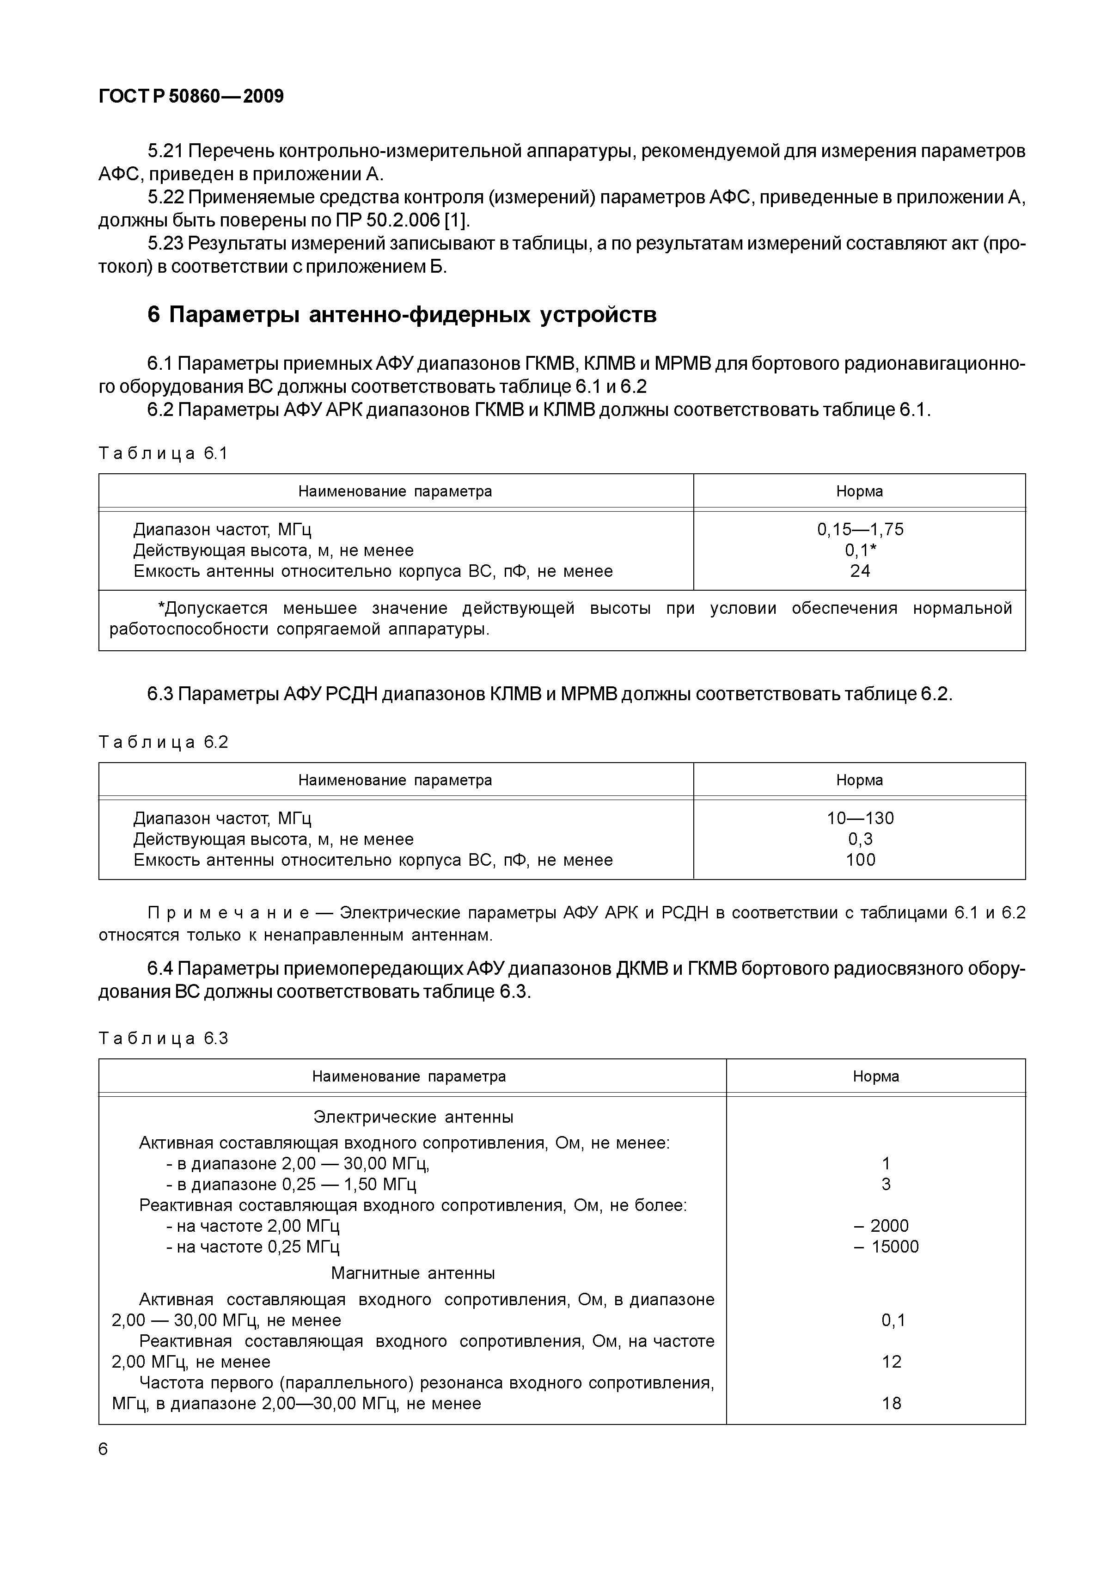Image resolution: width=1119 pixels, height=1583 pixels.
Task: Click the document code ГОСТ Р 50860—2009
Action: tap(191, 97)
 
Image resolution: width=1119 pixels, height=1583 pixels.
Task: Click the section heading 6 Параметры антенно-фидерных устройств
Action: tap(402, 315)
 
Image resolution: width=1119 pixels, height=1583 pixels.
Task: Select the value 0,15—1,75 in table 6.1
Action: tap(860, 530)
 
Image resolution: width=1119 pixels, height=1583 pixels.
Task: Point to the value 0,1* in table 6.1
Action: tap(860, 550)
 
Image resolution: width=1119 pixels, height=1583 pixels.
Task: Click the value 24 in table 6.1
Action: tap(860, 571)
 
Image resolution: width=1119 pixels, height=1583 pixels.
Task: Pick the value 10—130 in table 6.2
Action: tap(860, 819)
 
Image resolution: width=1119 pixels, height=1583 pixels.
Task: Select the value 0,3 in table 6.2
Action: tap(860, 839)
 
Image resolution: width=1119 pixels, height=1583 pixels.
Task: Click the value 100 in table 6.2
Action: tap(860, 860)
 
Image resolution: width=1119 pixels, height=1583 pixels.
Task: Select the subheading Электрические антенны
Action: tap(413, 1117)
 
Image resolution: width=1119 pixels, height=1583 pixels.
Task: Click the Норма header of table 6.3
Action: tap(875, 1077)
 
